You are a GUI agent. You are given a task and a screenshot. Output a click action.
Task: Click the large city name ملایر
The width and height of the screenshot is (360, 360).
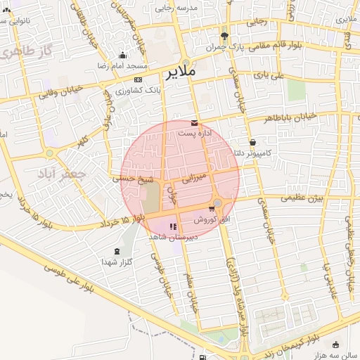click(181, 72)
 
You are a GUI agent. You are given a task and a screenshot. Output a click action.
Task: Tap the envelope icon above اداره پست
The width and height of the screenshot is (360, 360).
click(194, 123)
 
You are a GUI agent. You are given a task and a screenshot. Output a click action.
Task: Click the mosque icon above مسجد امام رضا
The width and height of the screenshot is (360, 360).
click(123, 56)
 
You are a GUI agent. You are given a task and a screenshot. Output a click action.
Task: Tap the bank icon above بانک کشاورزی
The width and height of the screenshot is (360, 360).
click(138, 79)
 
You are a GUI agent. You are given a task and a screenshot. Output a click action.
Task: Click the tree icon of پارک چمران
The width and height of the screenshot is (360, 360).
click(224, 36)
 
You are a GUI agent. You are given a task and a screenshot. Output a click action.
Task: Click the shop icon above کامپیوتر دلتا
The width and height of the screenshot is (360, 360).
click(252, 142)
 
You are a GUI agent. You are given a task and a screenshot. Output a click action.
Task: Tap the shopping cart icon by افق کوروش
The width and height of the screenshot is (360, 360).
click(212, 209)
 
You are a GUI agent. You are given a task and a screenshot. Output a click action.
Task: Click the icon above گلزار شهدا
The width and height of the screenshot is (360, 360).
click(117, 251)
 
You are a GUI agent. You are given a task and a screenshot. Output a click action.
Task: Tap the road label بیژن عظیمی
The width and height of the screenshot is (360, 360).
click(302, 198)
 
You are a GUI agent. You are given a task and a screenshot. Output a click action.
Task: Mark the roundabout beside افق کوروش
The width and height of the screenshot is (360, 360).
click(217, 204)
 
